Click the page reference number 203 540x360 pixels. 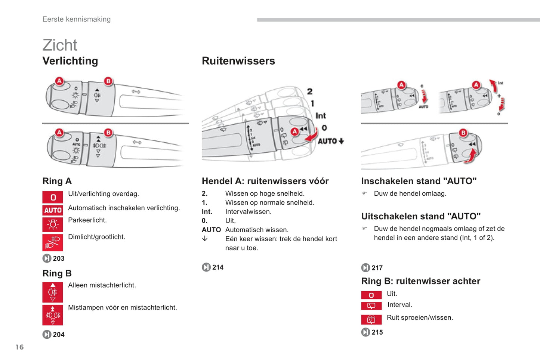click(58, 258)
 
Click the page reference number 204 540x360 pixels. click(58, 335)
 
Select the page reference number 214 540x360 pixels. click(217, 267)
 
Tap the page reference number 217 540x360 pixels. click(377, 268)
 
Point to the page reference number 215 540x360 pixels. click(377, 332)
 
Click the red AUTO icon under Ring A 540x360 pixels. click(53, 210)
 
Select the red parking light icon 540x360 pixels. click(53, 224)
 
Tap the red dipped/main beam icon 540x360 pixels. click(53, 242)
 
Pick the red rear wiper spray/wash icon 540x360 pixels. click(371, 320)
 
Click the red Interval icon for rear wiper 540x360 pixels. click(371, 306)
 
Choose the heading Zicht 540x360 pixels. click(60, 45)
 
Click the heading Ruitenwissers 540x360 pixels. click(238, 61)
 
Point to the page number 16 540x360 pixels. click(19, 347)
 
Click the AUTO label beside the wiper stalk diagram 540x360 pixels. click(327, 141)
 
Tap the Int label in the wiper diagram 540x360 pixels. click(321, 116)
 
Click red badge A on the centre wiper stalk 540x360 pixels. click(295, 131)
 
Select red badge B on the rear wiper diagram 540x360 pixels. click(463, 133)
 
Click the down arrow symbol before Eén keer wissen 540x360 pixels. click(205, 239)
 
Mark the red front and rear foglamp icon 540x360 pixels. click(53, 315)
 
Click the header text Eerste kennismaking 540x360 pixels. click(77, 19)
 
